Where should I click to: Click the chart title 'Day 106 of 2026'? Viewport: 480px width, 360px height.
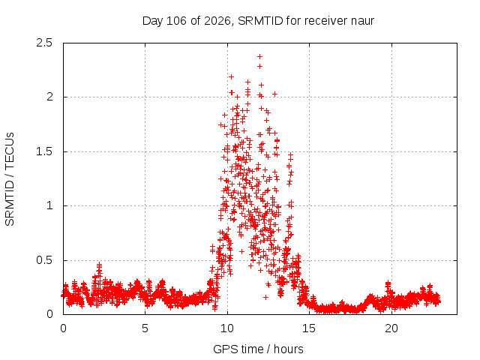coord(187,21)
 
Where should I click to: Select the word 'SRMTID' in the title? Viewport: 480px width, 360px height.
coord(260,21)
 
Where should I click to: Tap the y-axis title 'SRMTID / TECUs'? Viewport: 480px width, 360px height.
coord(10,179)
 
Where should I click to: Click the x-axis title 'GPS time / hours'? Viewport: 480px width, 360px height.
coord(258,349)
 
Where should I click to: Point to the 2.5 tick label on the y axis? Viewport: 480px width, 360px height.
coord(44,43)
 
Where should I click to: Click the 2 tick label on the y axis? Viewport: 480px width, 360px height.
coord(49,97)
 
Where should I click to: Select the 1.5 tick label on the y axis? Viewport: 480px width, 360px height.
coord(44,151)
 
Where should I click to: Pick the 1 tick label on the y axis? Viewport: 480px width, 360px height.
coord(49,205)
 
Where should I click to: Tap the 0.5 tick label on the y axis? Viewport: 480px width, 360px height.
coord(44,260)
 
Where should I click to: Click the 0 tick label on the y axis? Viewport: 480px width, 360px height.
coord(49,314)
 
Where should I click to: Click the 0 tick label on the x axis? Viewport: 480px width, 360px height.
coord(63,328)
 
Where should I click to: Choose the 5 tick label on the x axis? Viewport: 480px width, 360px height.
coord(145,328)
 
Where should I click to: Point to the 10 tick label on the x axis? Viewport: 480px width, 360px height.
coord(227,328)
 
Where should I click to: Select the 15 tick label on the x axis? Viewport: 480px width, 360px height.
coord(309,328)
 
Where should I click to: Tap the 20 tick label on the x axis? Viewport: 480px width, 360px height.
coord(391,328)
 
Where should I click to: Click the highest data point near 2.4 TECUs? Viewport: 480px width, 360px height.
coord(260,56)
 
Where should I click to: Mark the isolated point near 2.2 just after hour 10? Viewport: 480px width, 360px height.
coord(232,76)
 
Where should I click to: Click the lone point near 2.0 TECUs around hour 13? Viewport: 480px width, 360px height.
coord(275,94)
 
